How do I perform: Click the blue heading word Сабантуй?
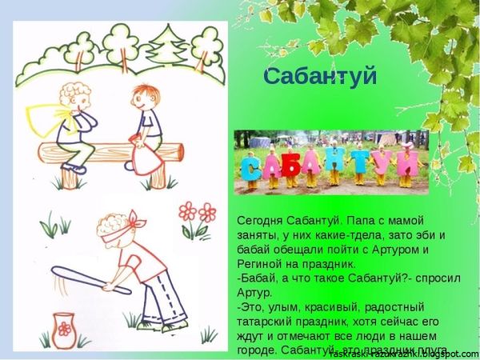click(x=319, y=77)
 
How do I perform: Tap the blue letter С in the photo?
click(x=253, y=167)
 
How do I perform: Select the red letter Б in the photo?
click(x=291, y=164)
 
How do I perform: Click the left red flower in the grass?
click(x=188, y=211)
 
